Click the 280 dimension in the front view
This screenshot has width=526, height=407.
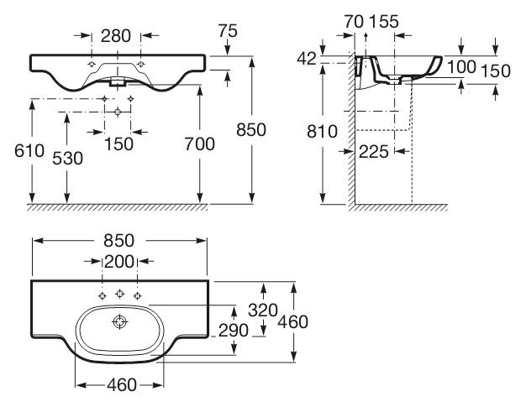[x=116, y=36]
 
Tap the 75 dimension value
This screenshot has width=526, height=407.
[x=228, y=31]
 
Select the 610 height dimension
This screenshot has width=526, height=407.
[x=29, y=151]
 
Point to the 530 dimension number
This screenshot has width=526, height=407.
[x=67, y=159]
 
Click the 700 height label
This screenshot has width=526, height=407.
[x=200, y=144]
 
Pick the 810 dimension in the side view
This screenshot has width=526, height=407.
[x=322, y=131]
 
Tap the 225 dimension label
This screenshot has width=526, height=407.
[x=374, y=152]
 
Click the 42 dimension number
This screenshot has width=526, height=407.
[x=307, y=59]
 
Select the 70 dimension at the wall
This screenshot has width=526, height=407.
[x=354, y=22]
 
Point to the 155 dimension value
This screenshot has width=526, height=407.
[x=384, y=22]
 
